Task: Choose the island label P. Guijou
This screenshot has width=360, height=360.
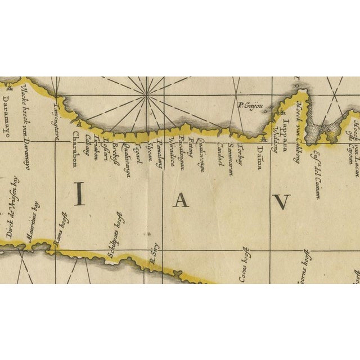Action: point(251,105)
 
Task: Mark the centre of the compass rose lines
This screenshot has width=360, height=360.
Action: point(147,94)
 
